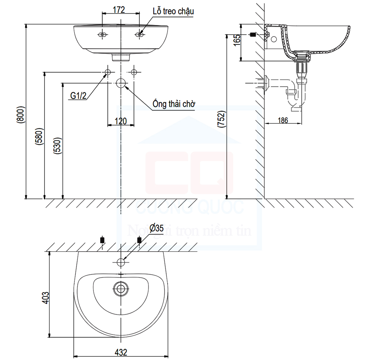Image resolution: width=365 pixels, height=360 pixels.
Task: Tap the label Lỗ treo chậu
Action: point(173,11)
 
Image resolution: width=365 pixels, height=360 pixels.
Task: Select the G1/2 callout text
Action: point(78,96)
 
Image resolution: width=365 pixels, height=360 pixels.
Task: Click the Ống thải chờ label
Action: point(174,105)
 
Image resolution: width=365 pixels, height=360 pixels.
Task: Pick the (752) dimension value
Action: point(221,119)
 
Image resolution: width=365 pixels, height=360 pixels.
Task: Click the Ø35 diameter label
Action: point(156,229)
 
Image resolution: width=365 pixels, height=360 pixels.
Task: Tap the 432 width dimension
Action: point(121,352)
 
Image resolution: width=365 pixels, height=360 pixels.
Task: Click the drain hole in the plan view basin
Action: point(120,288)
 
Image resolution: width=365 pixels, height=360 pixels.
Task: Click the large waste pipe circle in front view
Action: point(121,83)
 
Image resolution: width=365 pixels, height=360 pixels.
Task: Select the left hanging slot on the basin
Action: point(103,35)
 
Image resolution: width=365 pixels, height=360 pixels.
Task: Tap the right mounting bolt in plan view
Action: point(139,240)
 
